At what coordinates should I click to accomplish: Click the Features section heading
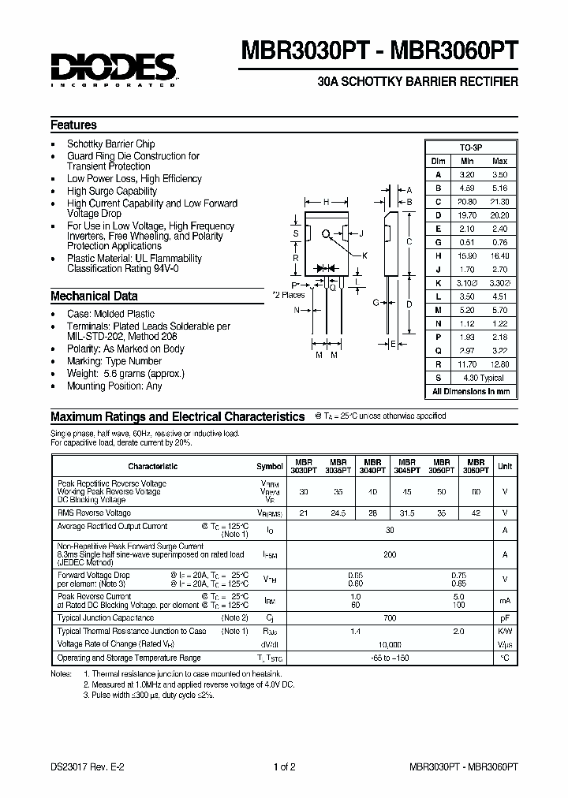(73, 125)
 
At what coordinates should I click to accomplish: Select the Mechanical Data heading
(94, 296)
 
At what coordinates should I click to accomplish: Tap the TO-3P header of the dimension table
(471, 148)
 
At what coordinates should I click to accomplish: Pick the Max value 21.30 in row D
(499, 203)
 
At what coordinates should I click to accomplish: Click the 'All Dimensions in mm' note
(471, 391)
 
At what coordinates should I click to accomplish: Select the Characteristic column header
(151, 466)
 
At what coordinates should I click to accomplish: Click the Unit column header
(504, 466)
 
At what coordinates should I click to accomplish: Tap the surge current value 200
(390, 555)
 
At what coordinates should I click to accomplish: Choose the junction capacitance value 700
(390, 617)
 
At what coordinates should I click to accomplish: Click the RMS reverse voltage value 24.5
(338, 513)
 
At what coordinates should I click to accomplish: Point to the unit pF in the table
(504, 617)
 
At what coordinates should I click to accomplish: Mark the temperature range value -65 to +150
(390, 657)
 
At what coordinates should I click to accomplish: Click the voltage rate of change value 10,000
(390, 644)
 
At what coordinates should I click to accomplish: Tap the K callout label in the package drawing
(364, 254)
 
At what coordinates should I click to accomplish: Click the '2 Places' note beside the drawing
(288, 295)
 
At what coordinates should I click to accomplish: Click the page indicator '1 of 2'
(284, 766)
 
